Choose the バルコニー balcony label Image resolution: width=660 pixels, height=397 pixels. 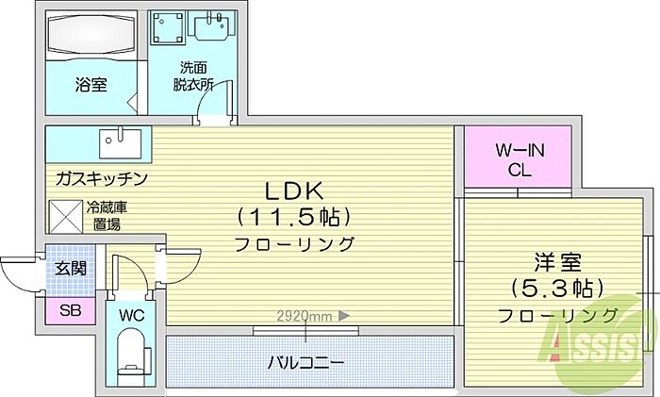tap(305, 362)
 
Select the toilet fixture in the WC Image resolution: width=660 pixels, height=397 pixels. tap(130, 358)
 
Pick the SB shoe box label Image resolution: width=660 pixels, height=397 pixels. tap(71, 310)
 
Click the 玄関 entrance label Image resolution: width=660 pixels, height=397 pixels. tap(71, 268)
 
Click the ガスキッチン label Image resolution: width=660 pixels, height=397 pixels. tap(101, 177)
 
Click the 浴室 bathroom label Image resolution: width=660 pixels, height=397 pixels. tap(91, 85)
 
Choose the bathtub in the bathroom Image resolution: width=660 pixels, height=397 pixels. tap(91, 36)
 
